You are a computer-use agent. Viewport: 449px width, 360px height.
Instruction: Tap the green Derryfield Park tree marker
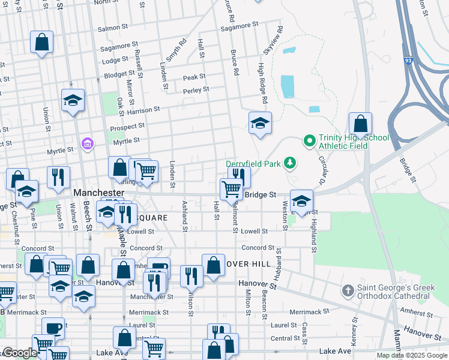point(290,162)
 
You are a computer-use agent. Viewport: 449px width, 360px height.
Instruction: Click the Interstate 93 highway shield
point(408,60)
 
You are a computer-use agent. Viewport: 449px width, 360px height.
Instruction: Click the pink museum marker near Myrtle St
point(88,144)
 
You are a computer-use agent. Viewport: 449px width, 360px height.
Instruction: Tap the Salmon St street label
point(109,28)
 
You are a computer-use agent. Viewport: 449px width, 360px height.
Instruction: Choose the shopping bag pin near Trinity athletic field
point(360,124)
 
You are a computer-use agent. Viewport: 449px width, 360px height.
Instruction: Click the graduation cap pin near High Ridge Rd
point(260,123)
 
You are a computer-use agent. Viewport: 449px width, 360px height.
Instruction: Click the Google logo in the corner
point(20,353)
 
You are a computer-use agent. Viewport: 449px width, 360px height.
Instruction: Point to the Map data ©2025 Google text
point(411,355)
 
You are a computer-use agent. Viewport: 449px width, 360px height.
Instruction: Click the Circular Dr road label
point(322,172)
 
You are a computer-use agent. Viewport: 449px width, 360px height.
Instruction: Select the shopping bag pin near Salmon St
point(41,42)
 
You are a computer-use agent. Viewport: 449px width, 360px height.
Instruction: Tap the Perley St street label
point(196,90)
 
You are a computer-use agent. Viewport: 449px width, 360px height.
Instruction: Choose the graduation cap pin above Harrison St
point(73,100)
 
